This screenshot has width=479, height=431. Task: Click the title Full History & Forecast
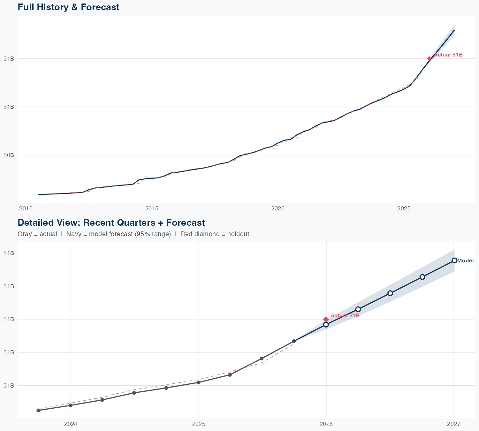tap(68, 7)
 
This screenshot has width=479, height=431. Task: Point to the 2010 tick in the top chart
tap(26, 209)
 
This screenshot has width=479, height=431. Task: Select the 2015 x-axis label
tap(152, 209)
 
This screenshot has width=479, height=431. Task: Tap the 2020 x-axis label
tap(278, 209)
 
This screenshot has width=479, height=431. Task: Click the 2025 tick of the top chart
tap(404, 209)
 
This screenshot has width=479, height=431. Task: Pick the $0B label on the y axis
tap(9, 155)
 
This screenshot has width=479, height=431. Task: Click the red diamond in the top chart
tap(429, 58)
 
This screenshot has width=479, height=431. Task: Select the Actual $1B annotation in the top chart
tap(448, 55)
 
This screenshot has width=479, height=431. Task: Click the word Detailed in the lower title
tap(34, 223)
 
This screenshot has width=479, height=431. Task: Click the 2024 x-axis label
tap(71, 424)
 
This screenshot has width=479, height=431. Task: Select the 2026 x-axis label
tap(326, 424)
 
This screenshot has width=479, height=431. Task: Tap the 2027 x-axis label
tap(454, 424)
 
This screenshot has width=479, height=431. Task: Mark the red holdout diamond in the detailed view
tap(326, 319)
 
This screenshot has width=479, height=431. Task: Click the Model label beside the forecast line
tap(465, 261)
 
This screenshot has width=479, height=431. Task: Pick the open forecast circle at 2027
tap(454, 261)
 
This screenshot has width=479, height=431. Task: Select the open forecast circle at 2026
tap(326, 325)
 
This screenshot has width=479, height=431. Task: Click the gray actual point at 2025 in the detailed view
tap(198, 382)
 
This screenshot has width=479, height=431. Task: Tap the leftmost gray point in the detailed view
tap(38, 410)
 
